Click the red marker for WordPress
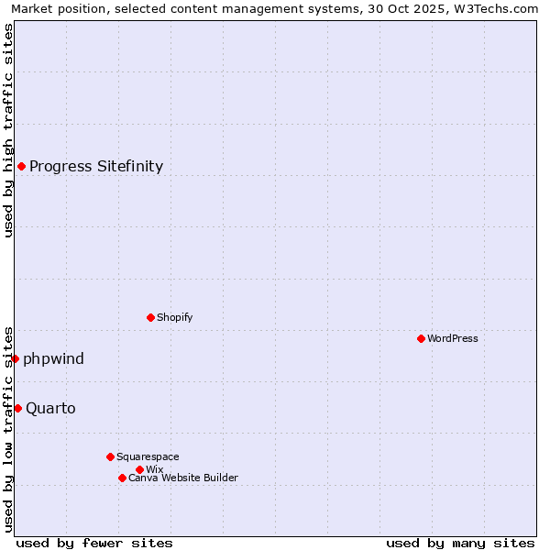(x=421, y=338)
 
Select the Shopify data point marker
(x=150, y=317)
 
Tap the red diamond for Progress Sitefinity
(x=21, y=166)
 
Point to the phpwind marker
(x=15, y=358)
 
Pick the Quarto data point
(x=17, y=408)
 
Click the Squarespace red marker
(x=110, y=456)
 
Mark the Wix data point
(x=139, y=469)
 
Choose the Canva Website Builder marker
(x=122, y=478)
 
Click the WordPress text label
(x=453, y=338)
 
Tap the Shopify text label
(x=174, y=317)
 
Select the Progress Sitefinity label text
(x=96, y=166)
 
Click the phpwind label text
(x=53, y=358)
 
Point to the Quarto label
(x=50, y=408)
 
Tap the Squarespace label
(x=148, y=456)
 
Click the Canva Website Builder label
(x=183, y=478)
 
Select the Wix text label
(x=155, y=469)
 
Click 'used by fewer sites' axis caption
(x=94, y=543)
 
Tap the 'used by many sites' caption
(x=460, y=543)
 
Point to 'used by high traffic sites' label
(x=9, y=130)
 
